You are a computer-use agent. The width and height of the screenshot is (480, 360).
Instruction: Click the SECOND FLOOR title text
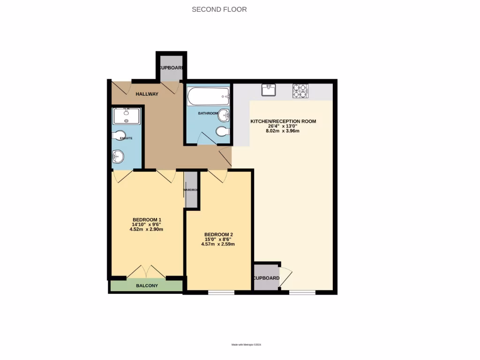[x=219, y=9]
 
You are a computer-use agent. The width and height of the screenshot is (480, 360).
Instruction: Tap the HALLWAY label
[x=147, y=94]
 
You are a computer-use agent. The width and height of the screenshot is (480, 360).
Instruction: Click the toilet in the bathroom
[x=223, y=132]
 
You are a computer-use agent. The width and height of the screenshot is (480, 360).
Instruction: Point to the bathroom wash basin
[x=224, y=115]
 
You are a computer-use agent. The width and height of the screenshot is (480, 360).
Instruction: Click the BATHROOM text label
[x=208, y=113]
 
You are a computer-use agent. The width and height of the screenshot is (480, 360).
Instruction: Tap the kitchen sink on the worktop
[x=269, y=90]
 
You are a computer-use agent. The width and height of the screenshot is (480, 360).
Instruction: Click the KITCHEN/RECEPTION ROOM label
[x=283, y=121]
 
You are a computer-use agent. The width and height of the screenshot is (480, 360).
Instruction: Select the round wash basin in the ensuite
[x=119, y=156]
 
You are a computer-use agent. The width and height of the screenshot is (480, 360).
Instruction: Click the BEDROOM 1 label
[x=147, y=220]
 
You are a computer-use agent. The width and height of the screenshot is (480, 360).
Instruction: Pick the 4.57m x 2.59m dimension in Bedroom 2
[x=218, y=244]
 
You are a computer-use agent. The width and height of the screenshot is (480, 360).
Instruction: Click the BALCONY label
[x=147, y=285]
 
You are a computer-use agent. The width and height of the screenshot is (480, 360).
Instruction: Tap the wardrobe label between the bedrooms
[x=191, y=190]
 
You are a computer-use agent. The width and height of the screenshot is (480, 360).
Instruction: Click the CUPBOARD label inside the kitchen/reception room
[x=266, y=278]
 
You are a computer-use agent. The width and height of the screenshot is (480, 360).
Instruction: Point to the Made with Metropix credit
[x=246, y=345]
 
